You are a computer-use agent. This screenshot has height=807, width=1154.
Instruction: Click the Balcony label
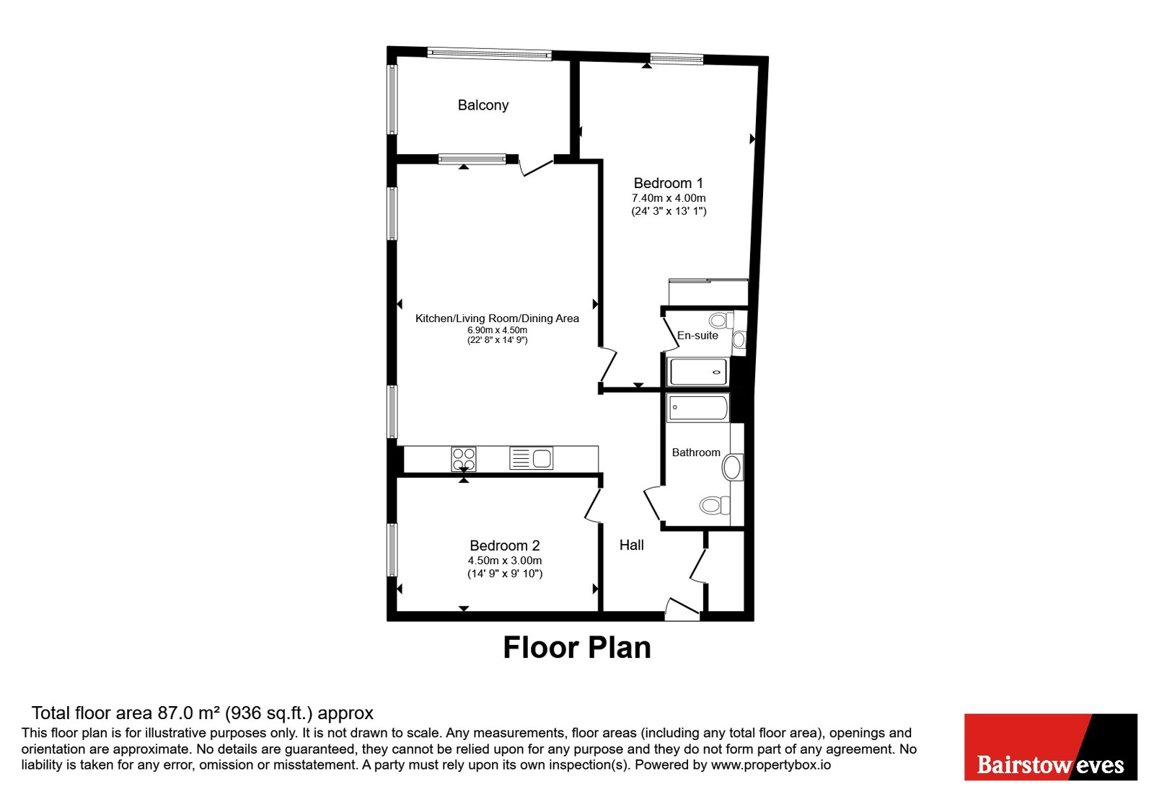[x=483, y=105]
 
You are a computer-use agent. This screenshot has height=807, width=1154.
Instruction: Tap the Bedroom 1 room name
[x=668, y=183]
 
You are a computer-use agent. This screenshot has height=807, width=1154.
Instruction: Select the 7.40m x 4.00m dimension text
[x=669, y=197]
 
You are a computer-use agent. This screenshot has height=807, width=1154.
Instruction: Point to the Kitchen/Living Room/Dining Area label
[x=497, y=318]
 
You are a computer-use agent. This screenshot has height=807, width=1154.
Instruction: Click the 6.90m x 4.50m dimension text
[x=497, y=330]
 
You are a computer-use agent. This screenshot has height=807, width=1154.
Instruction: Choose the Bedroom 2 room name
[x=505, y=545]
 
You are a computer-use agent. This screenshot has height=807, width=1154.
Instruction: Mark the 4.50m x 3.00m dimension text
[x=505, y=560]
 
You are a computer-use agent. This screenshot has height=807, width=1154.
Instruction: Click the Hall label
[x=632, y=545]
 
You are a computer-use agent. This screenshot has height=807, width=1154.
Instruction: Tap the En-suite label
[x=697, y=335]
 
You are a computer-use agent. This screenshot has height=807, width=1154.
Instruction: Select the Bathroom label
[x=696, y=452]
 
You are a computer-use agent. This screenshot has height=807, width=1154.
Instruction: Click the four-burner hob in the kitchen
[x=464, y=459]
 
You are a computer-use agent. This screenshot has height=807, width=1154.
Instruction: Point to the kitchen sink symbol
[x=531, y=458]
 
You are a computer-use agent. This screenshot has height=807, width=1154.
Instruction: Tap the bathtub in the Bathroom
[x=698, y=408]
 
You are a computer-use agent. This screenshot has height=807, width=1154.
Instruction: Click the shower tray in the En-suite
[x=698, y=372]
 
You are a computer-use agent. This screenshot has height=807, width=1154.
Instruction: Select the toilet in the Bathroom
[x=715, y=505]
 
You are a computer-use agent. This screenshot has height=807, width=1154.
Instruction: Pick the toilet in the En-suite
[x=721, y=320]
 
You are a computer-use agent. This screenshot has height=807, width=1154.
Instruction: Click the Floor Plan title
[x=577, y=647]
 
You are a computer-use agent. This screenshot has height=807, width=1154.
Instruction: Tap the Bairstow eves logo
[x=1050, y=746]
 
